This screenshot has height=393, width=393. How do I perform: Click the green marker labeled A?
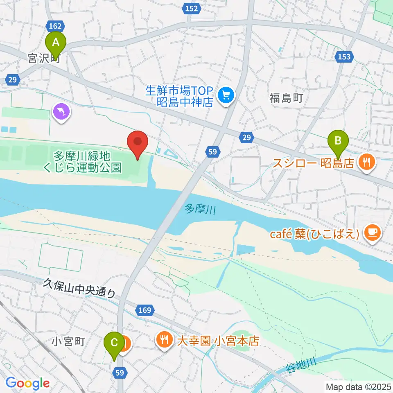(x=57, y=42)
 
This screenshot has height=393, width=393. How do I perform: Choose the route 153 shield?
(x=344, y=56)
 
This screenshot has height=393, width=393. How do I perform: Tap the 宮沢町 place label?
(x=44, y=59)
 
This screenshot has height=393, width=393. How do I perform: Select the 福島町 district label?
(x=286, y=98)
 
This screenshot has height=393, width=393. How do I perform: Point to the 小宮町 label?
(x=68, y=341)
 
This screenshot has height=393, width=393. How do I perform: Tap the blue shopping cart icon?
(x=225, y=95)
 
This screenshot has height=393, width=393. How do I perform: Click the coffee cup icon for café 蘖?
(x=372, y=233)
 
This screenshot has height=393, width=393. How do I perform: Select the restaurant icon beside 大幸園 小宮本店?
(x=164, y=339)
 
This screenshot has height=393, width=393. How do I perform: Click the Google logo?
(x=27, y=383)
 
